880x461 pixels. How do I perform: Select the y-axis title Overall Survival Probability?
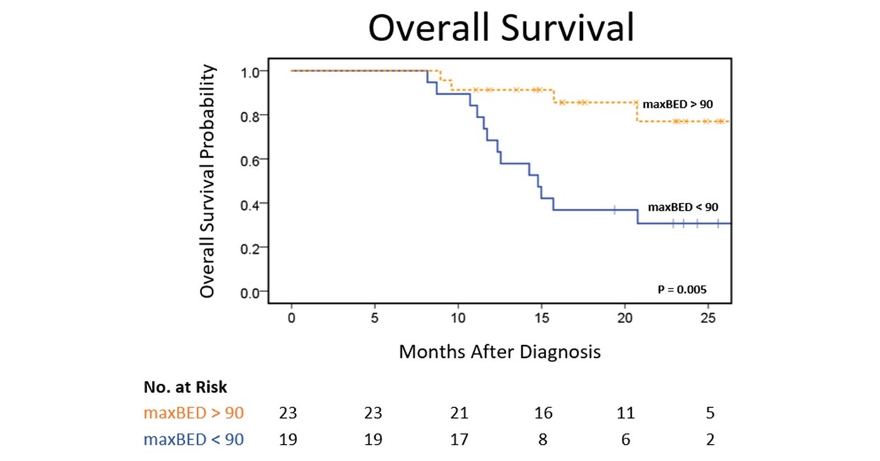pos(207,181)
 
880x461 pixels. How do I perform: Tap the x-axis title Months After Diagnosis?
pos(499,351)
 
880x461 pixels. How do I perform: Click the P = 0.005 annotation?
pos(682,289)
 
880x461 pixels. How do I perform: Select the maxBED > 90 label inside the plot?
pos(677,104)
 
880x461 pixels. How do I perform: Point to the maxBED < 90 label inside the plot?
pos(683,207)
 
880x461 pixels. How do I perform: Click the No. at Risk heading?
pos(185,387)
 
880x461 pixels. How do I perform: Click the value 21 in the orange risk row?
pos(458,413)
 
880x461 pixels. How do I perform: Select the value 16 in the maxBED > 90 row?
pos(543,413)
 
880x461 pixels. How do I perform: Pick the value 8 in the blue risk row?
pos(543,439)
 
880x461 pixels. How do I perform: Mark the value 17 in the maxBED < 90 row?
pos(458,439)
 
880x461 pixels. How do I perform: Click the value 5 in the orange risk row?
pos(710,413)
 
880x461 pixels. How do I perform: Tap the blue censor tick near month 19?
pos(615,209)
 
